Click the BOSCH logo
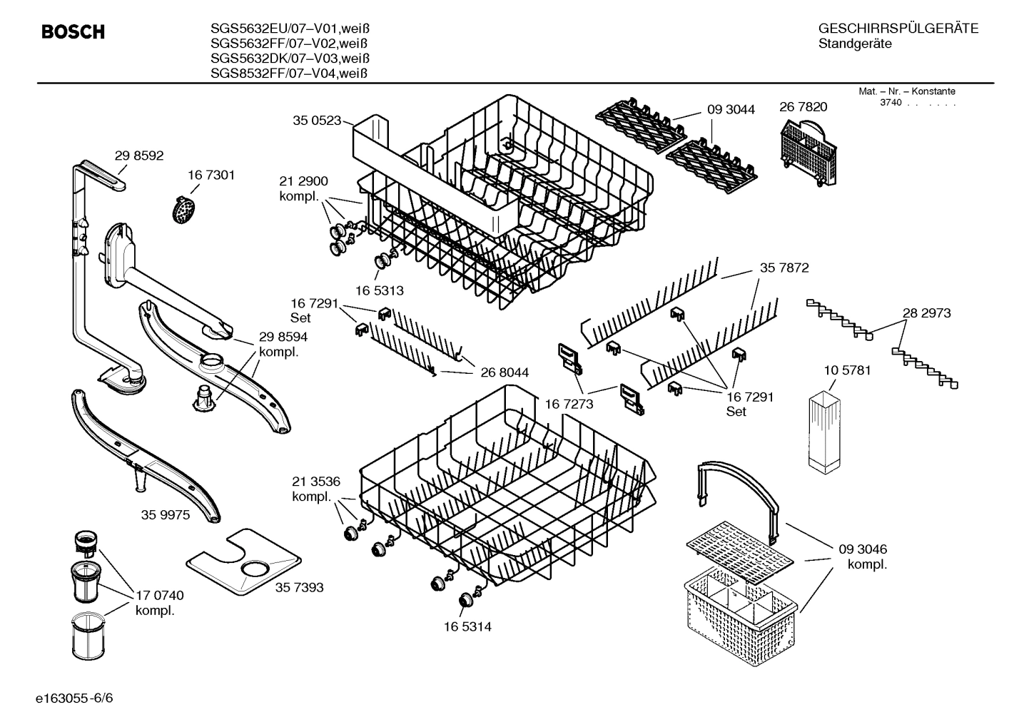coord(73,32)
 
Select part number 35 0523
coord(317,121)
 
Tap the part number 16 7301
coord(211,175)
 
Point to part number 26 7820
coord(804,107)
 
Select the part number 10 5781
coord(847,370)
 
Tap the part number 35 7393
coord(299,587)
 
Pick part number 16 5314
coord(467,626)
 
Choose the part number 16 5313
coord(380,290)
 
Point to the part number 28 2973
coord(926,312)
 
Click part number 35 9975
coord(166,514)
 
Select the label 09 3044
coord(731,109)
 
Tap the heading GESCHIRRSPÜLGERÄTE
coord(898,29)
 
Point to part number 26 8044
coord(505,372)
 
